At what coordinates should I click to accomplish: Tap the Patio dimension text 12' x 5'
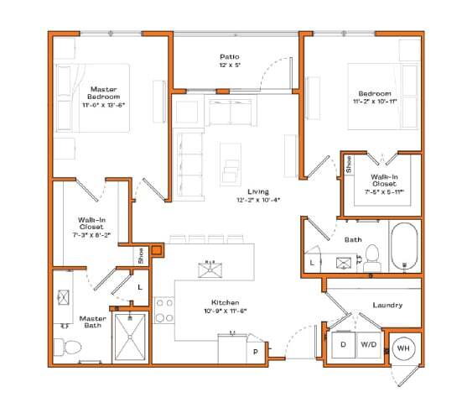(x=230, y=65)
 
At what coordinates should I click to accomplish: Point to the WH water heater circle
(x=402, y=348)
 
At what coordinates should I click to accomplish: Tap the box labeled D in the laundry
(x=344, y=345)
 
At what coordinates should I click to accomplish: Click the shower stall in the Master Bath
(x=131, y=337)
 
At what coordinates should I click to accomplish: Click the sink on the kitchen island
(x=210, y=268)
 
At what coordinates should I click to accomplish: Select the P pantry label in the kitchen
(x=254, y=352)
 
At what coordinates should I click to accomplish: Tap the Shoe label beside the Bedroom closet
(x=349, y=165)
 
